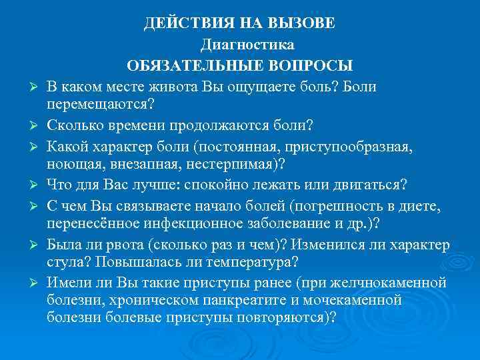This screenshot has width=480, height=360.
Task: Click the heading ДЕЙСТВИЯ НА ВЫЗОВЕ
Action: click(240, 24)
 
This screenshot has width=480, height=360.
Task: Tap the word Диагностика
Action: click(247, 45)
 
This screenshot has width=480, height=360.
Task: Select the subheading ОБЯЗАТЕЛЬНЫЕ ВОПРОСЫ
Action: click(240, 66)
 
